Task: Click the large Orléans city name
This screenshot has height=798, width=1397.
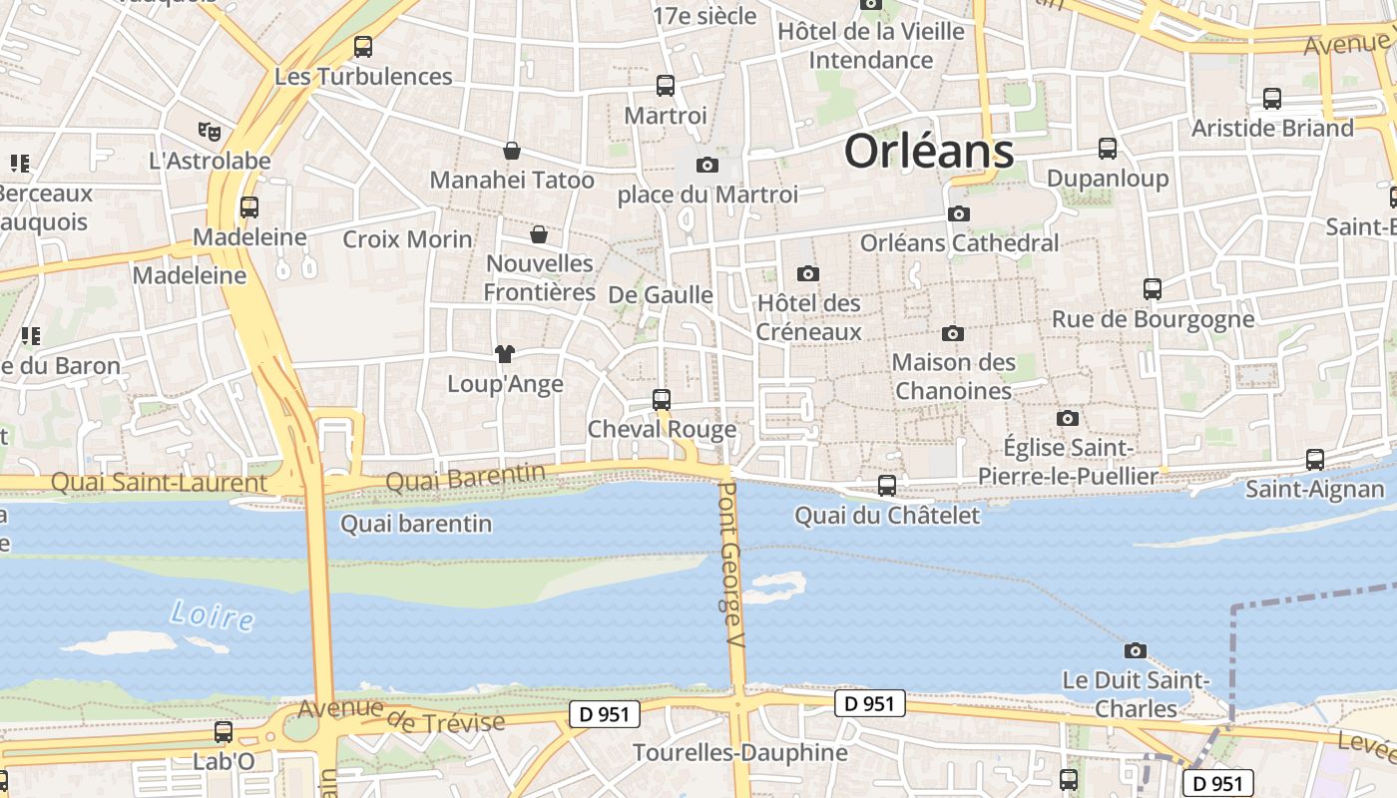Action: (929, 153)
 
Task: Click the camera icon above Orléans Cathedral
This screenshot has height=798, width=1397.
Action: (958, 213)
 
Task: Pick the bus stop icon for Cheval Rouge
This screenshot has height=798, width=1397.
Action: (661, 400)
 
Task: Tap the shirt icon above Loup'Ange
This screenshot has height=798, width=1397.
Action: (504, 354)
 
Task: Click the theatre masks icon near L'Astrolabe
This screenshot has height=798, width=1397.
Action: (209, 131)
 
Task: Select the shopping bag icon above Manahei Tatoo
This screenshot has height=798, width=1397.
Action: (512, 151)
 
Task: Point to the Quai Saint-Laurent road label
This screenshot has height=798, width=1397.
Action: (159, 484)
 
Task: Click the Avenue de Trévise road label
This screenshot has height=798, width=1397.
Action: (401, 715)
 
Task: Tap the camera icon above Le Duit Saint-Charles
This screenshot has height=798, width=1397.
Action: (1135, 651)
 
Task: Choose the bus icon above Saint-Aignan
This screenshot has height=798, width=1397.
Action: (1315, 460)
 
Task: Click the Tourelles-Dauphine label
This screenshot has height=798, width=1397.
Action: (739, 752)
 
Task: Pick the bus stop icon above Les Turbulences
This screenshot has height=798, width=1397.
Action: (363, 46)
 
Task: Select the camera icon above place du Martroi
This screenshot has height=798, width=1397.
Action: (707, 165)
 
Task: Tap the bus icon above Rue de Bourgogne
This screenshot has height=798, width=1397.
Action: (1153, 289)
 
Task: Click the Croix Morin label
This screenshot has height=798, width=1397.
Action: (407, 239)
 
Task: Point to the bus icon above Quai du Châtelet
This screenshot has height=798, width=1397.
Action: (886, 486)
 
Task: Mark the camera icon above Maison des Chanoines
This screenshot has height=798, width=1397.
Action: (953, 333)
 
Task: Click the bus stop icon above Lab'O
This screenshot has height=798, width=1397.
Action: (224, 732)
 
